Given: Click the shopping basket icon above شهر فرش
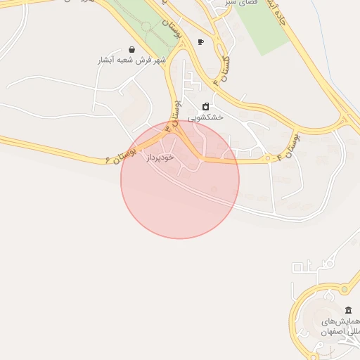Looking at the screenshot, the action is [x=132, y=50].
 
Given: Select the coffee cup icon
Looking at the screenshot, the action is [x=200, y=42].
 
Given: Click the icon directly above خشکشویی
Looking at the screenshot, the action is [x=205, y=107].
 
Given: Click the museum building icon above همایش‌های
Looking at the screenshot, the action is [x=348, y=310].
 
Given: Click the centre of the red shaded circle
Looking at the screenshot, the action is [x=180, y=179].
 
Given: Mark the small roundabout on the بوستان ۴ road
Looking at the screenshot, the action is [x=268, y=160].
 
